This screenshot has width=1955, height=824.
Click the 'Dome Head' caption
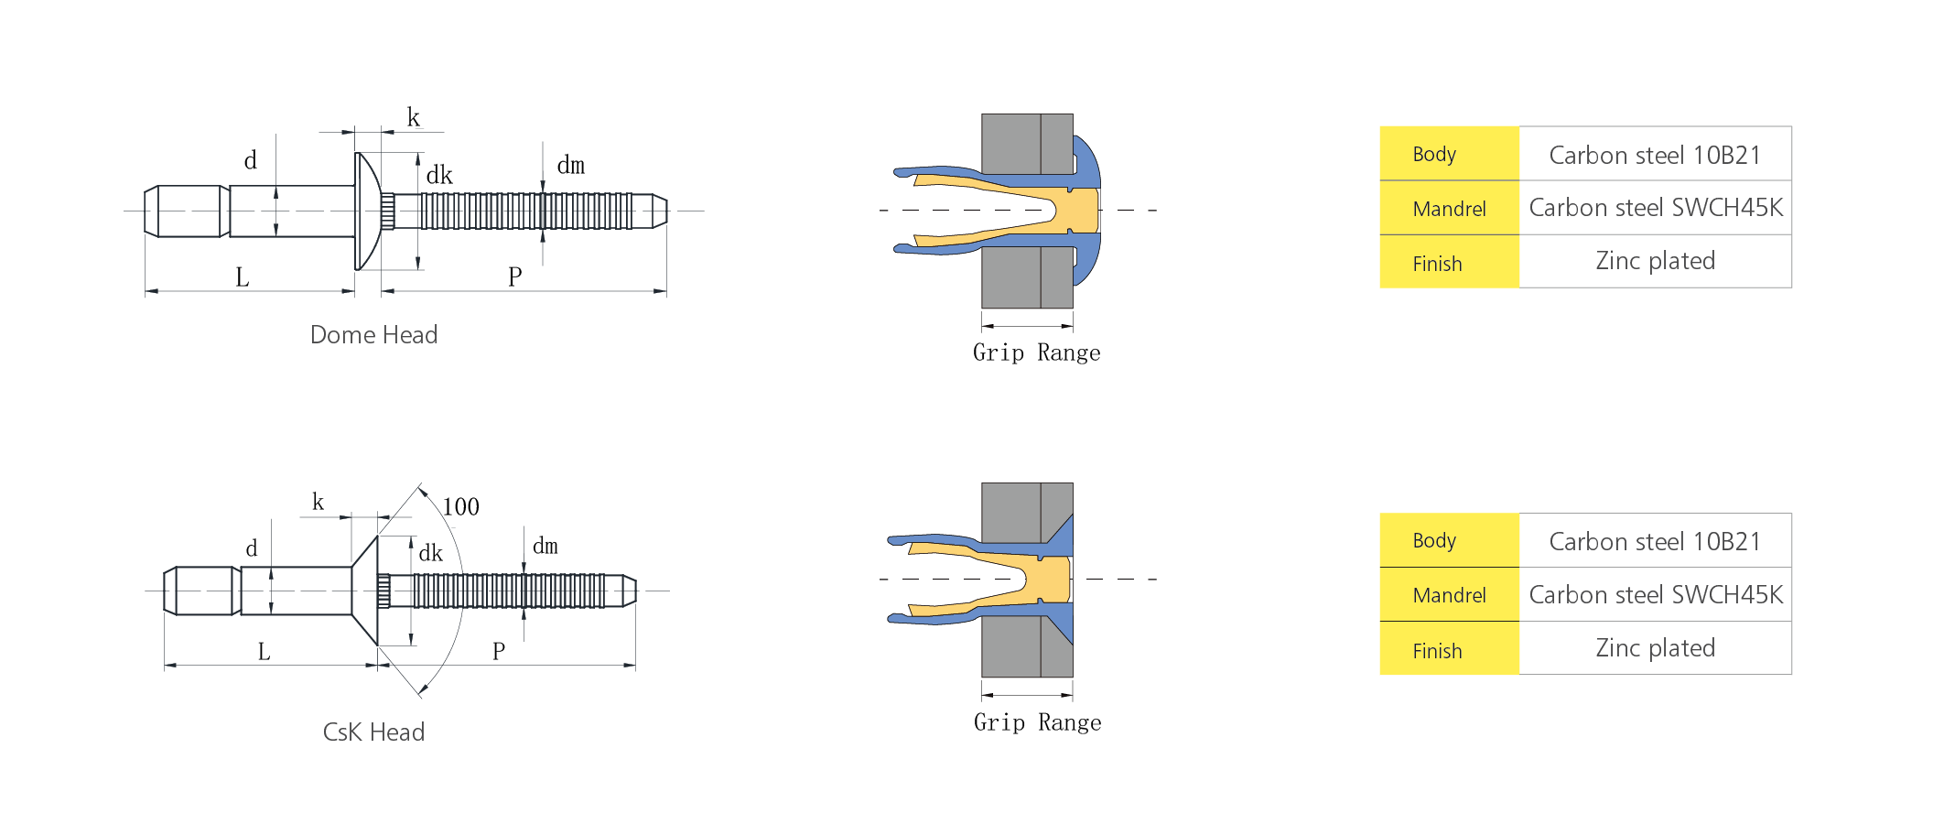(373, 335)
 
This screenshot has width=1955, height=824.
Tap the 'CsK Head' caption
(373, 732)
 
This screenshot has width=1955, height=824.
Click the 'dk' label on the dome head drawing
(439, 175)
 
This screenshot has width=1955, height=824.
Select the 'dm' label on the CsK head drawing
(545, 547)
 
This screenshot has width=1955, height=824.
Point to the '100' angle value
(460, 507)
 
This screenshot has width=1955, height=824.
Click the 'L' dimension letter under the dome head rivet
(243, 277)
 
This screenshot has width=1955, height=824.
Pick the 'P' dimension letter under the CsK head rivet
(499, 652)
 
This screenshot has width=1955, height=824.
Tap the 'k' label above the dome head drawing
(414, 118)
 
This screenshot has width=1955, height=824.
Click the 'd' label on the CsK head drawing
(252, 548)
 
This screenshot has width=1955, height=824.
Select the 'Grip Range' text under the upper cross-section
(1037, 353)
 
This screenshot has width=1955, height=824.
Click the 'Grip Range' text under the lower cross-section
(1038, 723)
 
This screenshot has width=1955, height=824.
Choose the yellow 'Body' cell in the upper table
(1450, 154)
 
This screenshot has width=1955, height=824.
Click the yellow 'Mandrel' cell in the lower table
(1450, 595)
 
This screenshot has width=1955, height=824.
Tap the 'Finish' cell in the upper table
(1450, 263)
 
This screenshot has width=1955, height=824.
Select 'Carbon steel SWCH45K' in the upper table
(1656, 208)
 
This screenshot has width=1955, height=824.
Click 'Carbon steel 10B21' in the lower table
(1655, 542)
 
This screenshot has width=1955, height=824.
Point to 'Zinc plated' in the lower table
(1656, 648)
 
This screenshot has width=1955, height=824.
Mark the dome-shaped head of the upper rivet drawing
(366, 211)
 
